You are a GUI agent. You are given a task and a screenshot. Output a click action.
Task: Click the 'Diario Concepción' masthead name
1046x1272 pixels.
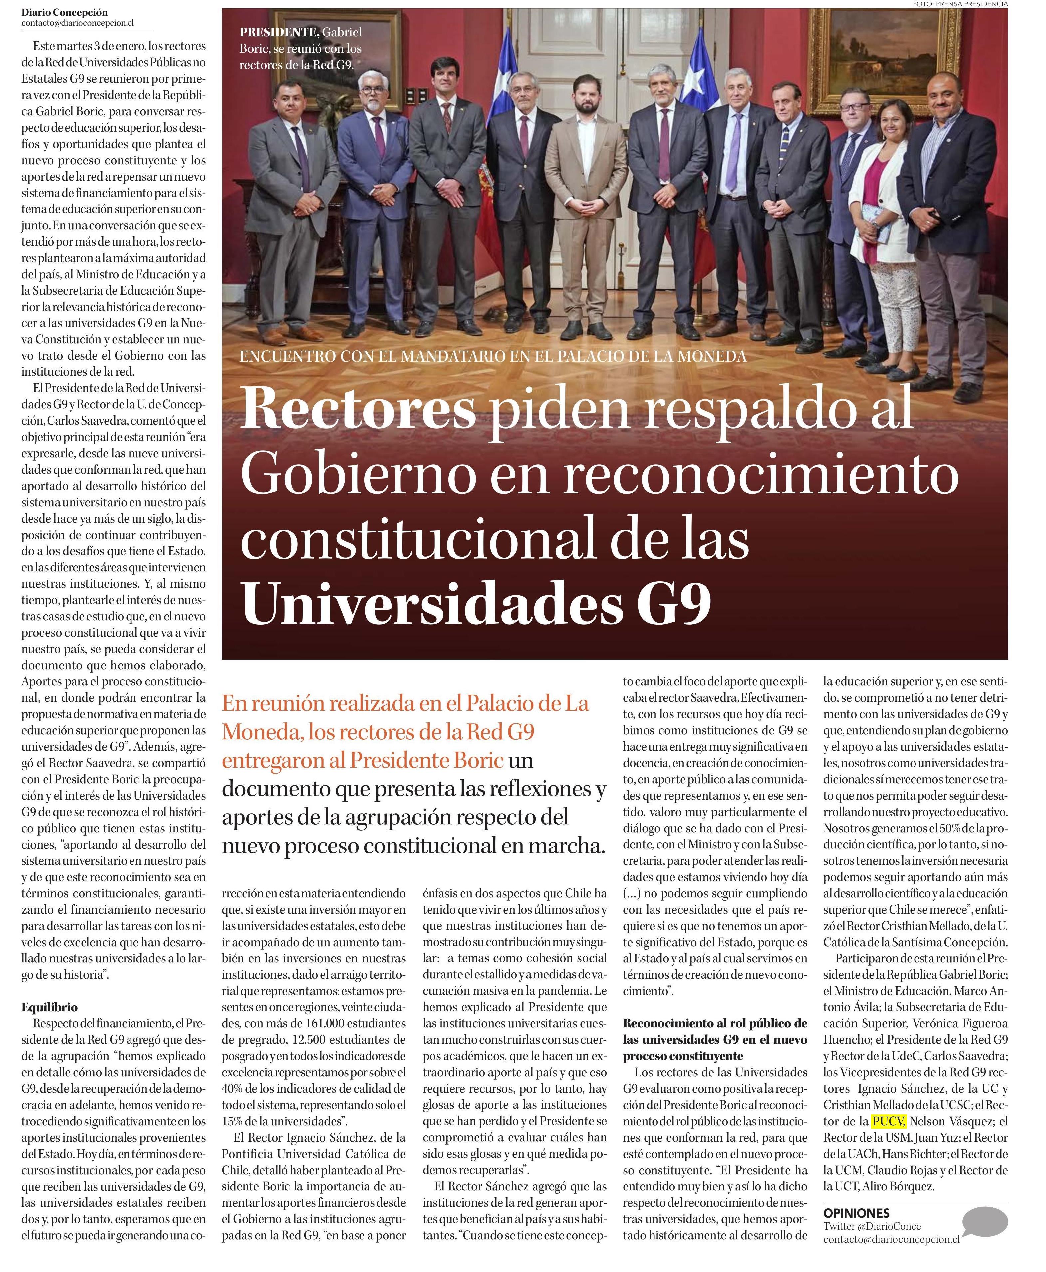[65, 12]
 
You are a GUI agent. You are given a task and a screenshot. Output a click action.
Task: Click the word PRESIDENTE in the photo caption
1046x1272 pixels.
[278, 33]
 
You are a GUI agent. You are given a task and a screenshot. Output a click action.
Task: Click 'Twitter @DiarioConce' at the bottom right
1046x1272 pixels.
[872, 1226]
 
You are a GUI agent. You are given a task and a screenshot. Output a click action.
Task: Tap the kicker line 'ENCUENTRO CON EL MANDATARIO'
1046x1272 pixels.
[493, 356]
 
